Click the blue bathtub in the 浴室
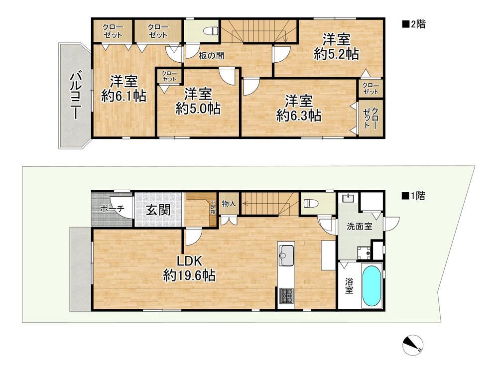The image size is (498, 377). pos(372,286)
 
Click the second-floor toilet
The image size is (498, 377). pos(211,31)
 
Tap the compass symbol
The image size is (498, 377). pos(412,345)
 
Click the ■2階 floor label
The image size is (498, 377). pos(414,24)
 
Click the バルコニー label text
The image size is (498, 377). pos(75,96)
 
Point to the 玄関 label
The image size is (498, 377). pos(158,210)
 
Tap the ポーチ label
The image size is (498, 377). pos(112,209)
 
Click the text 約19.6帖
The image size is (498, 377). pos(189,275)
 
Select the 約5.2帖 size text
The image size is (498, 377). pos(336,54)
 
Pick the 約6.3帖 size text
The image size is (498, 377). pos(298,116)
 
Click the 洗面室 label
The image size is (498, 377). pos(360,227)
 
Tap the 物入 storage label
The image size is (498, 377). pos(229,204)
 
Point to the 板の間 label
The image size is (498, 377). pos(212,56)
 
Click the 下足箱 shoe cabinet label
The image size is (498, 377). pos(213,207)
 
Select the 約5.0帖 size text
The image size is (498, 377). pos(198,109)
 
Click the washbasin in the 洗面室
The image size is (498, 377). pos(349,198)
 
